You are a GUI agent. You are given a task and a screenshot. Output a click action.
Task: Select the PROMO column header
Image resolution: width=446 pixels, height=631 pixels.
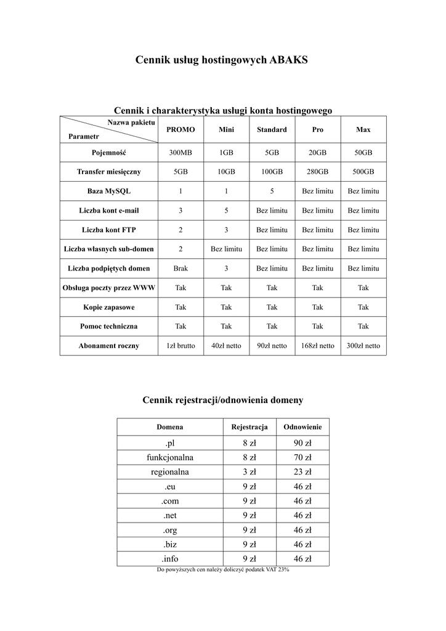pos(180,130)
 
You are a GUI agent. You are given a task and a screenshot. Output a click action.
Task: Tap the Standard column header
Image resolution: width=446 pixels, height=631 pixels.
pos(272,130)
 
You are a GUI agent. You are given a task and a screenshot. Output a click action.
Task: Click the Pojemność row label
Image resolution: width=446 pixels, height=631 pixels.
pos(108,153)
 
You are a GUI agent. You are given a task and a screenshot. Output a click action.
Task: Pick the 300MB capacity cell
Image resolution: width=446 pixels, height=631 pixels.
pos(180,153)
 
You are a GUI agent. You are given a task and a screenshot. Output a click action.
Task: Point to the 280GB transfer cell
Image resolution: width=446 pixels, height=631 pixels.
pos(317,172)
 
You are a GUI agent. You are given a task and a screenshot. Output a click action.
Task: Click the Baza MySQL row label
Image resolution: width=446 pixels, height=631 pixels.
pos(108,191)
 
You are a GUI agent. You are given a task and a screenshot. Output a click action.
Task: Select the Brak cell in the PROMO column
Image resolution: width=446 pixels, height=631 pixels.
pos(180,268)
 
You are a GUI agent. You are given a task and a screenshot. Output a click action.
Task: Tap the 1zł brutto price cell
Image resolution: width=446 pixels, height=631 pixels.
pos(180,346)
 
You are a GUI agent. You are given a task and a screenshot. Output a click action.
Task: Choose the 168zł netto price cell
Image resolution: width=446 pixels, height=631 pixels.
pos(317,346)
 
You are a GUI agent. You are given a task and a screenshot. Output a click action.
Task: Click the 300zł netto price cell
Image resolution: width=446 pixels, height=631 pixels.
pos(363,346)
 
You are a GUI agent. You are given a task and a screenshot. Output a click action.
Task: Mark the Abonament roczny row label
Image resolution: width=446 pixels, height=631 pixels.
pos(108,346)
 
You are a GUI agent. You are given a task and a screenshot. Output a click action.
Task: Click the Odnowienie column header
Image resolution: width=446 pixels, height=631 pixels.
pos(302,426)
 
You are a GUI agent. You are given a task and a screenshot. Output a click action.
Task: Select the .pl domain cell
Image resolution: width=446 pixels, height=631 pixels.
pos(170,443)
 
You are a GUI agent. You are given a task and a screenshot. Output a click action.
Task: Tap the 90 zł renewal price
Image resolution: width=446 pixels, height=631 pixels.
pos(302,443)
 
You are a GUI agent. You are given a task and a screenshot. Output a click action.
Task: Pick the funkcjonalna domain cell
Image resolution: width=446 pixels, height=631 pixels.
pos(170,457)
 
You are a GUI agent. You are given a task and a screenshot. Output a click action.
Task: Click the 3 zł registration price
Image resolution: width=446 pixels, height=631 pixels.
pos(249,472)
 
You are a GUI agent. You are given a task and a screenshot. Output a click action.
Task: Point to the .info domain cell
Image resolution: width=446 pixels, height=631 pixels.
pos(170,559)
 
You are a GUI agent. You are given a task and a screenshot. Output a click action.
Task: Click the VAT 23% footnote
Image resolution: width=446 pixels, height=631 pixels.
pos(223,570)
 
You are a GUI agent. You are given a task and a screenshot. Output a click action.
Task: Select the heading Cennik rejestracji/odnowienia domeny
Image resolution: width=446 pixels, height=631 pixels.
pos(222,401)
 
